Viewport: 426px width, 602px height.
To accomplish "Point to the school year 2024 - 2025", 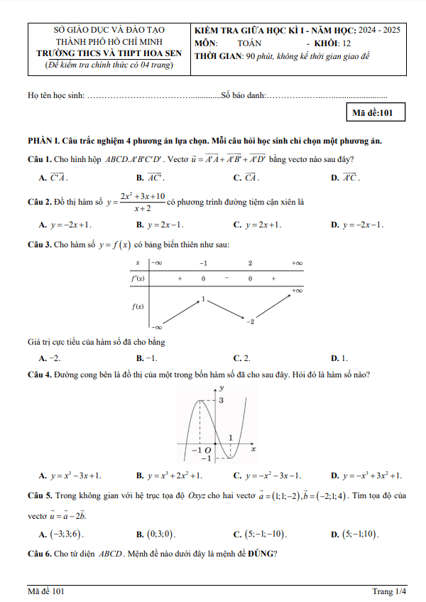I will tap(380, 31).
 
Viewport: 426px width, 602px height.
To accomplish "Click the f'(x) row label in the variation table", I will tap(138, 279).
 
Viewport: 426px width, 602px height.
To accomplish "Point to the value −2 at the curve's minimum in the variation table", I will tap(250, 322).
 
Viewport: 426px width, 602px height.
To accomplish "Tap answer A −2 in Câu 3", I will tap(50, 358).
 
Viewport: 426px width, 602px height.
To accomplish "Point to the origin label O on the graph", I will tap(207, 450).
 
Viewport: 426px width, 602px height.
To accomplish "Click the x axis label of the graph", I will tap(253, 449).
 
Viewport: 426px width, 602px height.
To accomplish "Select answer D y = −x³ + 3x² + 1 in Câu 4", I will tap(366, 475).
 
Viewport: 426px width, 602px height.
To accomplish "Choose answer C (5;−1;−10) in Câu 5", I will tap(266, 533).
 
